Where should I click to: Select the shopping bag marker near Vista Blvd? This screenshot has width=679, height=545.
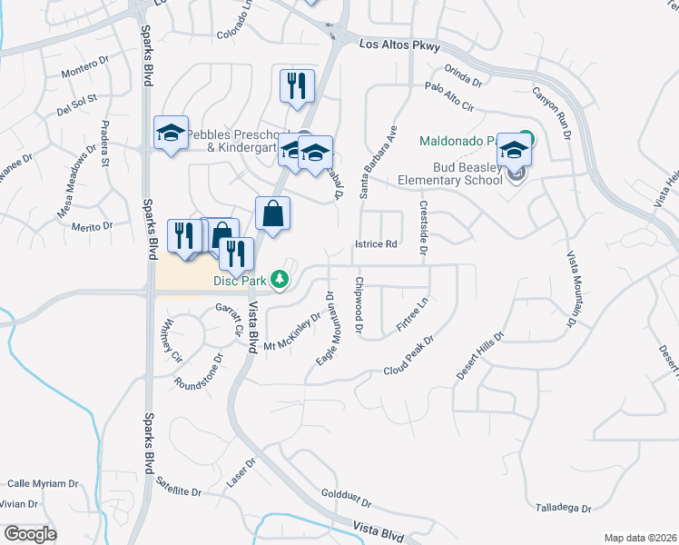pos(272,214)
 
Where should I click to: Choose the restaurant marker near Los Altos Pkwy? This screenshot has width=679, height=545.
pos(297,87)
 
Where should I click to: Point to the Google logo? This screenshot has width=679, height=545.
pos(31,534)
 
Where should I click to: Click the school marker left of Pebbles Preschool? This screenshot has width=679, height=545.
pos(170,134)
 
